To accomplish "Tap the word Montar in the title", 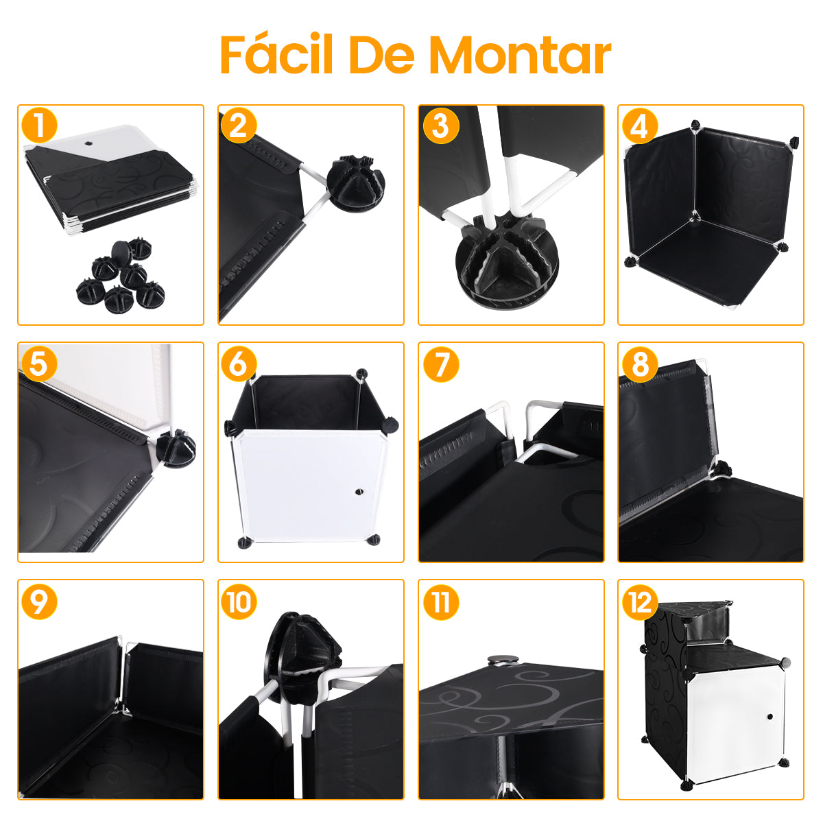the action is pyautogui.click(x=520, y=56).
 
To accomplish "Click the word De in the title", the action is pyautogui.click(x=381, y=55).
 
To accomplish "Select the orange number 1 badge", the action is pyautogui.click(x=39, y=126).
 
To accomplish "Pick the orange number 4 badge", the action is pyautogui.click(x=639, y=126).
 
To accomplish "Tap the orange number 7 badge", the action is pyautogui.click(x=441, y=364).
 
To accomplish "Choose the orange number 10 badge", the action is pyautogui.click(x=239, y=602).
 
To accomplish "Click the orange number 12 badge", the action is pyautogui.click(x=639, y=602).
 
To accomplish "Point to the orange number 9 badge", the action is pyautogui.click(x=39, y=602).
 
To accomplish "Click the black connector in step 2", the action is pyautogui.click(x=355, y=184).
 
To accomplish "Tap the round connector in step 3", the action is pyautogui.click(x=507, y=261).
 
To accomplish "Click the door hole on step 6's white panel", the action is pyautogui.click(x=358, y=492).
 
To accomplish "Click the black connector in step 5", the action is pyautogui.click(x=176, y=449).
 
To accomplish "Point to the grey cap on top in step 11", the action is pyautogui.click(x=503, y=660).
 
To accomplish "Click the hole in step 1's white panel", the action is pyautogui.click(x=89, y=144).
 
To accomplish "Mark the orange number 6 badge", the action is pyautogui.click(x=239, y=364).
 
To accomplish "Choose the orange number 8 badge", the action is pyautogui.click(x=639, y=364).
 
